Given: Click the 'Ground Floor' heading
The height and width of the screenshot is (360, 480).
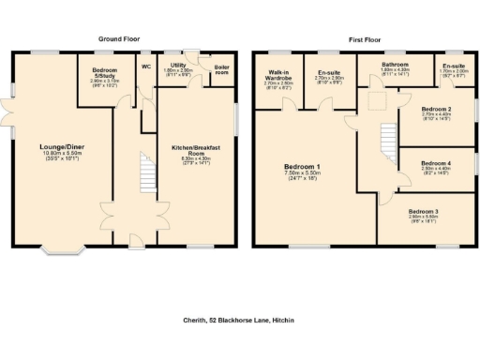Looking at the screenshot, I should pos(118,38).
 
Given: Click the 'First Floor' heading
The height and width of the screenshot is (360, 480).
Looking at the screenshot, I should pos(366,38).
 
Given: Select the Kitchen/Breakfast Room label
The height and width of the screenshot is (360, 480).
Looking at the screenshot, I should pos(195,150).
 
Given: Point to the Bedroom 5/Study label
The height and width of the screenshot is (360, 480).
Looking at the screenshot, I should pos(105,73).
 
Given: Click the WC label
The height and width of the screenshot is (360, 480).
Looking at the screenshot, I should pos(146,67).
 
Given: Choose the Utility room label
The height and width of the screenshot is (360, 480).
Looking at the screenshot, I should pos(177,66).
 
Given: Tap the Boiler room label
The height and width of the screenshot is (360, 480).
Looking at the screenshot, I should pos(222,70).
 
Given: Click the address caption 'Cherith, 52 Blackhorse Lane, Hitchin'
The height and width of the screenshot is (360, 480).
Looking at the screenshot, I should pos(239,320).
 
